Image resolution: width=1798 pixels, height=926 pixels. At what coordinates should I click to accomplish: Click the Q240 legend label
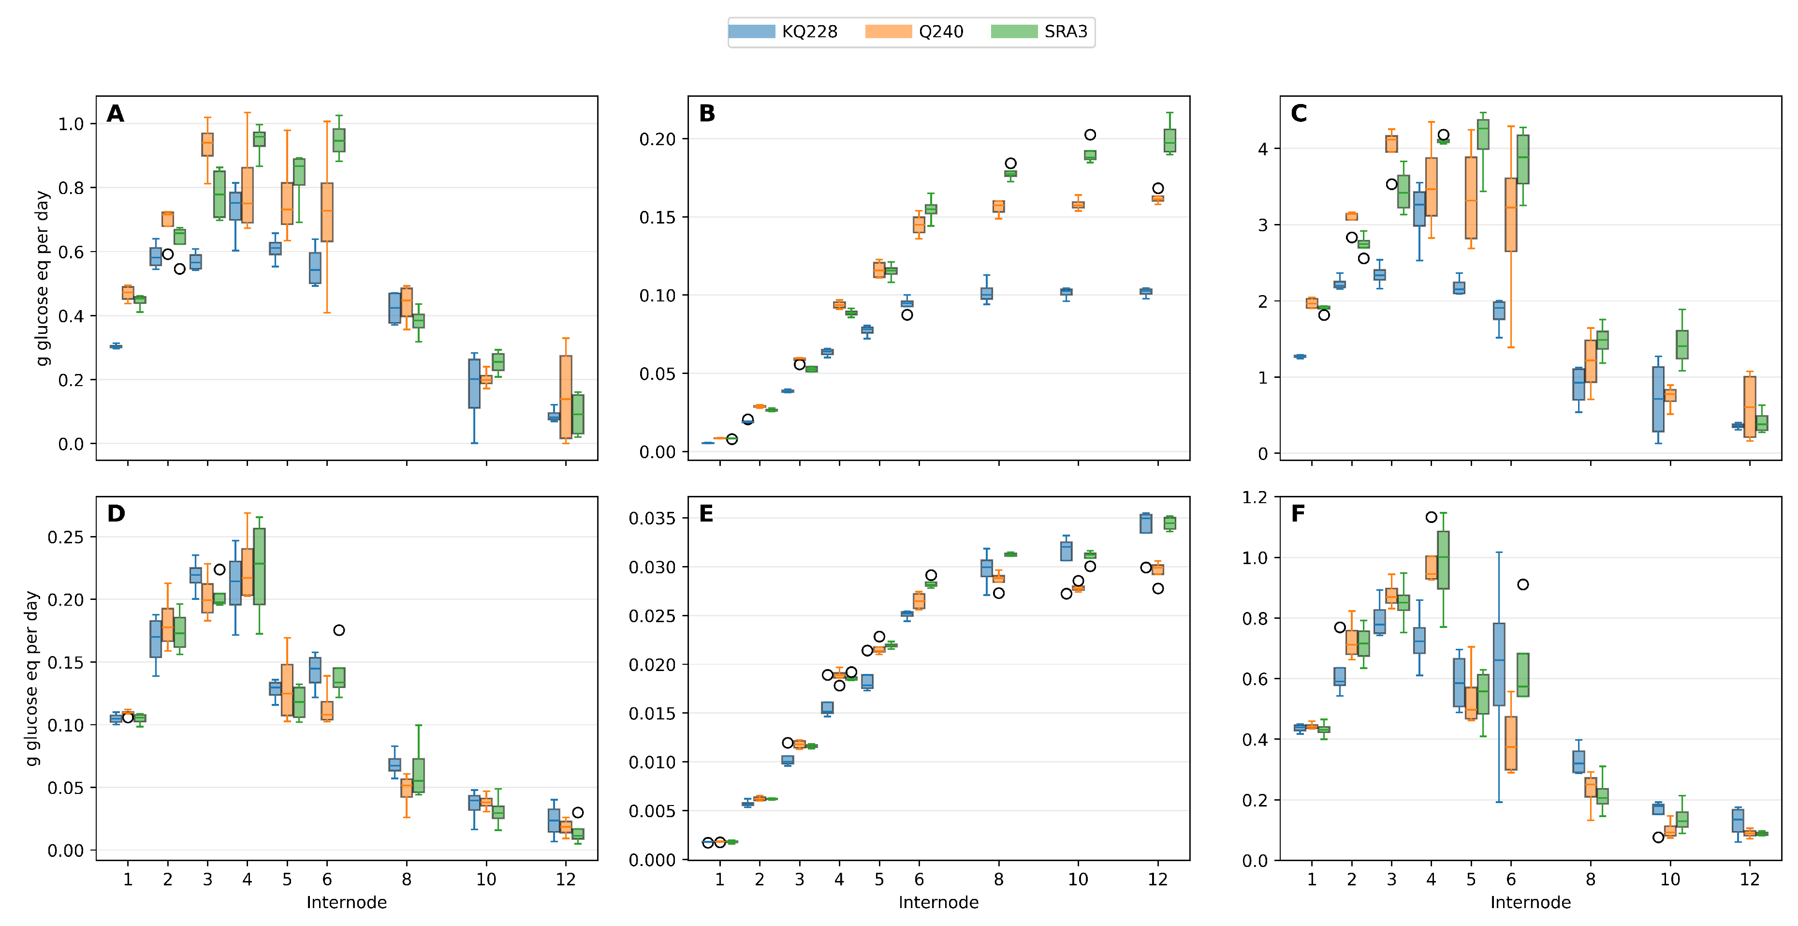[940, 31]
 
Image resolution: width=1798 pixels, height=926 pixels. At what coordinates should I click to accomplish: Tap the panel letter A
[115, 113]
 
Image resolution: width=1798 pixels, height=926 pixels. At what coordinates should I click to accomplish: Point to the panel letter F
[1298, 514]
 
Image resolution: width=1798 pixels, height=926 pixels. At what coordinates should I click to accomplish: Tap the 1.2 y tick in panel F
[1254, 497]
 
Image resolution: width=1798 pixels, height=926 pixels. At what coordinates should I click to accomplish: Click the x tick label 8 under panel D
[406, 879]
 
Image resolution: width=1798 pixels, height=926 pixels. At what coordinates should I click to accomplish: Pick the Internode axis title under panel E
[938, 902]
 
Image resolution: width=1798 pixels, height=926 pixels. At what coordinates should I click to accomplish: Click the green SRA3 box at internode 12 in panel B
[1170, 140]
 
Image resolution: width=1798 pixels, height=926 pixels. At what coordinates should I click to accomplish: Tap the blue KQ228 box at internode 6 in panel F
[1499, 664]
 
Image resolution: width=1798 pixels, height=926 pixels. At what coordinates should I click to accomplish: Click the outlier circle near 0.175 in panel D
[338, 630]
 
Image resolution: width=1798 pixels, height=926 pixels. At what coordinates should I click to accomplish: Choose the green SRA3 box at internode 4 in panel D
[259, 567]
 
